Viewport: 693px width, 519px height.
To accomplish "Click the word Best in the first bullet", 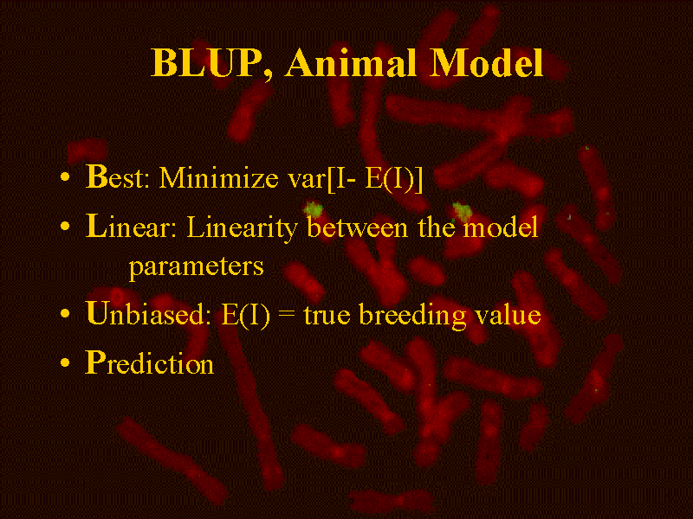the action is pos(117,177).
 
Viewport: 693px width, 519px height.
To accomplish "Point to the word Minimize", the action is pos(218,178).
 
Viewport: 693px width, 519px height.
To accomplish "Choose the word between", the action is pos(357,227).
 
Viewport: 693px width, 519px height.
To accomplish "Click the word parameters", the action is pos(197,267).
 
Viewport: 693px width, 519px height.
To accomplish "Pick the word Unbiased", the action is pos(148,314).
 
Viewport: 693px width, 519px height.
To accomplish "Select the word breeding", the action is pos(412,316).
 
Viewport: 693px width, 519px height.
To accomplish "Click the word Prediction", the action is pos(149,363).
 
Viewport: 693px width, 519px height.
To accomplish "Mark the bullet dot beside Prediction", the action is pos(65,362).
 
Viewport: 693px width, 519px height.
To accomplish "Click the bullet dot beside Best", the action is pos(65,177).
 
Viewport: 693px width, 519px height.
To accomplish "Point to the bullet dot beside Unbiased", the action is pos(65,314).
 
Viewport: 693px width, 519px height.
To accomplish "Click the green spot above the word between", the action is pos(314,208).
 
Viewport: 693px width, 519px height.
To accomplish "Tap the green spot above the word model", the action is pos(463,211).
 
